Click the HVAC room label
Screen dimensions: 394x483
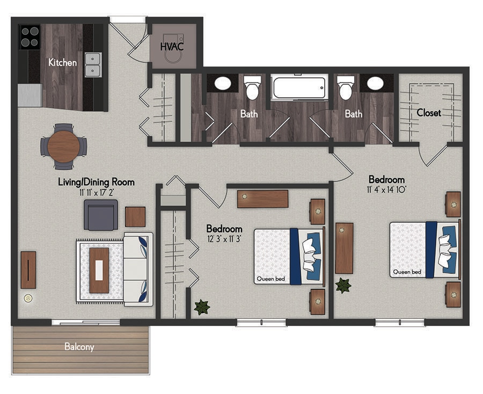click(x=172, y=46)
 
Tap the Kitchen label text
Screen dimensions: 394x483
click(x=62, y=63)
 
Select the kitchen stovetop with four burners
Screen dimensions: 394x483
click(x=30, y=36)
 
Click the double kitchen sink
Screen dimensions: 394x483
click(x=92, y=64)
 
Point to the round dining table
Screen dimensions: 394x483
click(x=63, y=146)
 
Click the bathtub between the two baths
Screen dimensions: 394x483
click(x=298, y=87)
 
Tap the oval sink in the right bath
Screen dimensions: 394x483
click(x=375, y=83)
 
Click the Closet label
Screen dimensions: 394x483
click(x=429, y=113)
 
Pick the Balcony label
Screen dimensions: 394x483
click(x=79, y=347)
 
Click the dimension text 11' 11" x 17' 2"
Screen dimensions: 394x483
click(x=97, y=192)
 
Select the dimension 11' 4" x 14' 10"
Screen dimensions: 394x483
click(x=386, y=189)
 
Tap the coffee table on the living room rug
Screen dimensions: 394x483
click(x=99, y=270)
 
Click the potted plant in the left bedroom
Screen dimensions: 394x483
click(x=202, y=308)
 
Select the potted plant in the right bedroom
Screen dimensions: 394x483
click(x=343, y=285)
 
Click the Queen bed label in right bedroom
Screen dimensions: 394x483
click(x=406, y=272)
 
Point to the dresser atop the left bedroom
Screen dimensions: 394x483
click(x=263, y=199)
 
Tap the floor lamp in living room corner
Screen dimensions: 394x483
click(x=28, y=298)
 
